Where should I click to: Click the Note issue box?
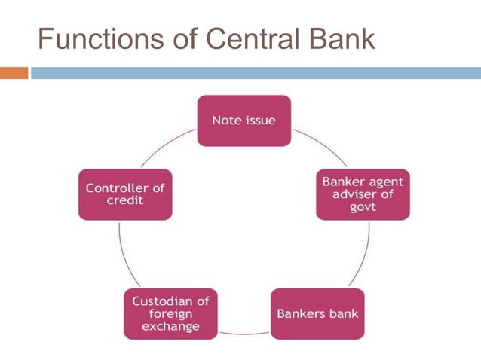[244, 121]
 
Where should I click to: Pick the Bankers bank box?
[317, 313]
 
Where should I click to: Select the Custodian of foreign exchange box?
[170, 313]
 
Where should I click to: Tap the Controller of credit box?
[125, 194]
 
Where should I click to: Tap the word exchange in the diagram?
[170, 326]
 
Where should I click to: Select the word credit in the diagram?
[125, 201]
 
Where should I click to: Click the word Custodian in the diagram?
[170, 300]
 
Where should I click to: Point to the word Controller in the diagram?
[125, 188]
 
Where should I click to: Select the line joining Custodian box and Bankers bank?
[244, 332]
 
